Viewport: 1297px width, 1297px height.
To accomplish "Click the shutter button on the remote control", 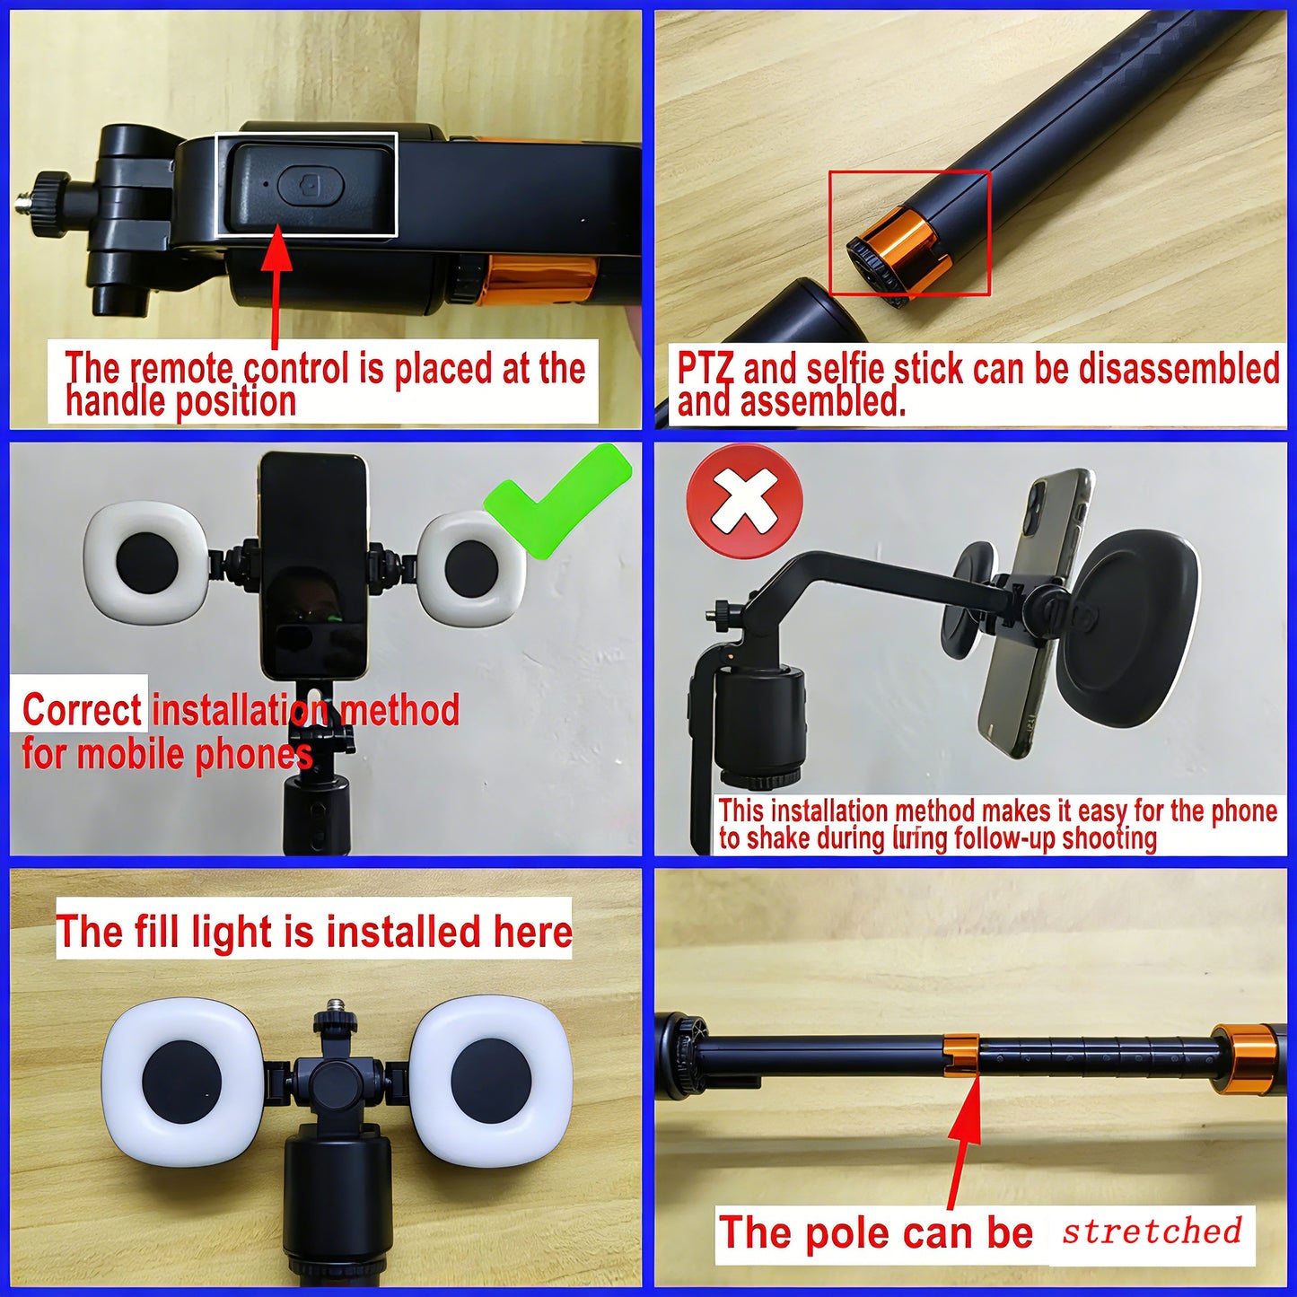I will pos(311,187).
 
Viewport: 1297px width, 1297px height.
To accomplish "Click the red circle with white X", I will pos(744,503).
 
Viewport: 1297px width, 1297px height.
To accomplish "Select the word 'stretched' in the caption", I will pos(1152,1231).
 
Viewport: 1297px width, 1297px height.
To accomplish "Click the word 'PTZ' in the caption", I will pos(705,369).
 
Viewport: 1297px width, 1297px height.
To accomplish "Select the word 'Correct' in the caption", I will pos(82,710).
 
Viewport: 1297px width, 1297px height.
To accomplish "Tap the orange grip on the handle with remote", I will pos(539,278).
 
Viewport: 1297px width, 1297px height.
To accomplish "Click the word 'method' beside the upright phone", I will pos(400,710).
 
